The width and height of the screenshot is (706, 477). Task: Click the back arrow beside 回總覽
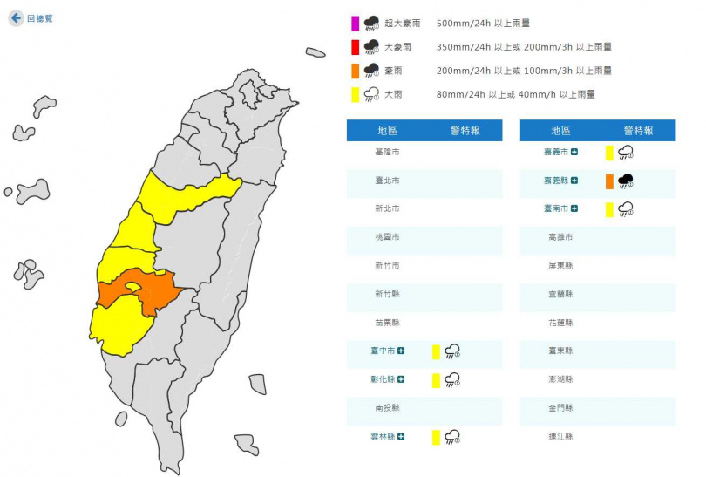(x=16, y=17)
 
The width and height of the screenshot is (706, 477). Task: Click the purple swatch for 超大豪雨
(x=356, y=23)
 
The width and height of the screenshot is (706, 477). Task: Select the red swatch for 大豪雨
(x=356, y=46)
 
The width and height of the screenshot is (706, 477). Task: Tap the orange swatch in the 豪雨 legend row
(x=356, y=70)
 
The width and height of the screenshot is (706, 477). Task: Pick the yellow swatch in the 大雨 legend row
(x=356, y=94)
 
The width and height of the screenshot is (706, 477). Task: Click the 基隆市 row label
(x=387, y=152)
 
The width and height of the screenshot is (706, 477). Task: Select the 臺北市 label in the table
(x=387, y=181)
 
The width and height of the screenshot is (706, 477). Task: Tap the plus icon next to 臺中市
(x=401, y=351)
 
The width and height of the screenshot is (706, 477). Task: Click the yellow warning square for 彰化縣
(x=436, y=380)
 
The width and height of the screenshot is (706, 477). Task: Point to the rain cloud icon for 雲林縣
(x=452, y=437)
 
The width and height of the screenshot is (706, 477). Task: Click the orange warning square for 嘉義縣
(x=609, y=181)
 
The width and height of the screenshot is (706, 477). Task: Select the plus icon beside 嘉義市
(x=574, y=153)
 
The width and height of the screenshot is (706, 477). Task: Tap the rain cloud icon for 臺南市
(x=625, y=209)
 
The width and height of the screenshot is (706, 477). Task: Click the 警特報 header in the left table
(x=464, y=130)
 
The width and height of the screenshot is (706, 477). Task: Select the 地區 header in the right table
(x=560, y=130)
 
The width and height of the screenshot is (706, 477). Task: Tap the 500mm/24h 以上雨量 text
(x=483, y=24)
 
